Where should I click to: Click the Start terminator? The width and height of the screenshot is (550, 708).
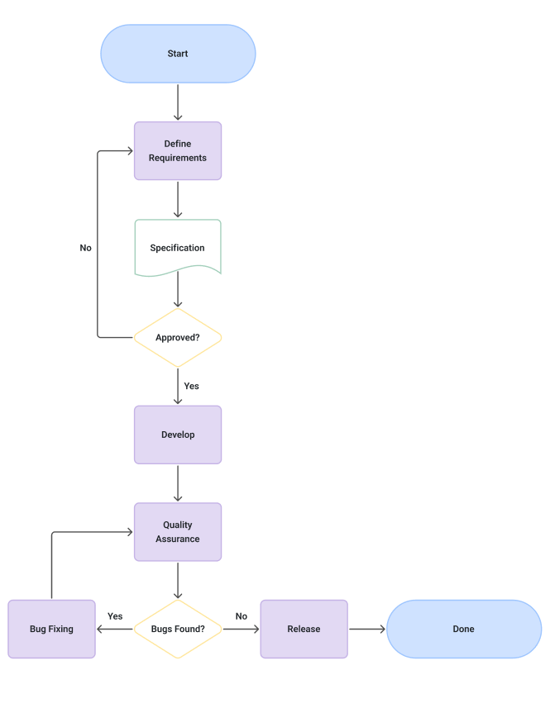(178, 54)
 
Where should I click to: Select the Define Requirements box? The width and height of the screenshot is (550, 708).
(178, 150)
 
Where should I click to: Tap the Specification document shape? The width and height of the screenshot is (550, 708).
(178, 247)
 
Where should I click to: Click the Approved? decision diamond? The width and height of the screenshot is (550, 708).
(178, 337)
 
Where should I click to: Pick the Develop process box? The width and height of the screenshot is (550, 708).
(178, 435)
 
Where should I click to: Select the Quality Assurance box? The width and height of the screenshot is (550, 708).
(178, 531)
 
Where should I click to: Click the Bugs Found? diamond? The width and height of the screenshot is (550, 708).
(178, 629)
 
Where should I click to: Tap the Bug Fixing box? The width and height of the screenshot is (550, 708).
(51, 629)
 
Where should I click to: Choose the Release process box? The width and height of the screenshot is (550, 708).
(304, 629)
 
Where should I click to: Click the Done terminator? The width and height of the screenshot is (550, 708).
(463, 629)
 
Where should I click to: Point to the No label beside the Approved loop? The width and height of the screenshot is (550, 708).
(85, 248)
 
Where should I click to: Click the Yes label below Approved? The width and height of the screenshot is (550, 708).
(191, 386)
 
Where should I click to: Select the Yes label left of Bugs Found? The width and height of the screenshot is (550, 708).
(115, 616)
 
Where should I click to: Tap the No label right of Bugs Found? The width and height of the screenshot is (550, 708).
(241, 616)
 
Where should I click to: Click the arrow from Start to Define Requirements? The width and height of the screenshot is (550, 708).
(178, 102)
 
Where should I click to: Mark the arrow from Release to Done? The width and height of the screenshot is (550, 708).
(366, 629)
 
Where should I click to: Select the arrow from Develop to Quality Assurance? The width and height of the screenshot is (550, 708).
(178, 483)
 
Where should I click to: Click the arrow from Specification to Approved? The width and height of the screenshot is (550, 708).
(178, 290)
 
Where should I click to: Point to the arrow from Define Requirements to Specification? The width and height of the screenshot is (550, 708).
(178, 199)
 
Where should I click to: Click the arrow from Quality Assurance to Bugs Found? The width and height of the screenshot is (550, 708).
(178, 580)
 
